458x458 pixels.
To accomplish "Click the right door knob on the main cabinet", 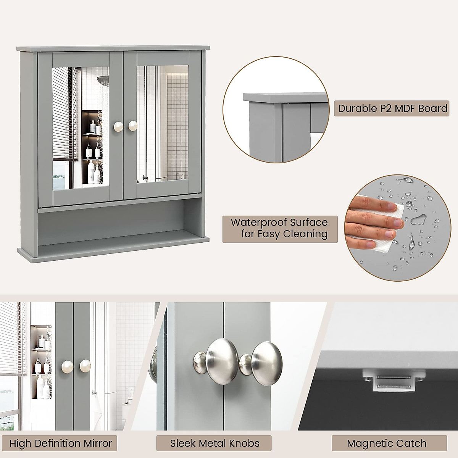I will coord(133,126).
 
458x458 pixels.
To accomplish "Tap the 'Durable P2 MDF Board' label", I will coord(393,108).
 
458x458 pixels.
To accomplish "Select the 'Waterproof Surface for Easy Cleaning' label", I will coord(280,228).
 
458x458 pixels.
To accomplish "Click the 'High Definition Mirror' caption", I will coord(61,443).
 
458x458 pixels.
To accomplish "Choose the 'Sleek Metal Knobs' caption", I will coord(214,443).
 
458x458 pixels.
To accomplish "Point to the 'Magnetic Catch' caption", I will coord(386,443).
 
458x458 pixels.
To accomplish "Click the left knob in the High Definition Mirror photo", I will coord(67,368).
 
